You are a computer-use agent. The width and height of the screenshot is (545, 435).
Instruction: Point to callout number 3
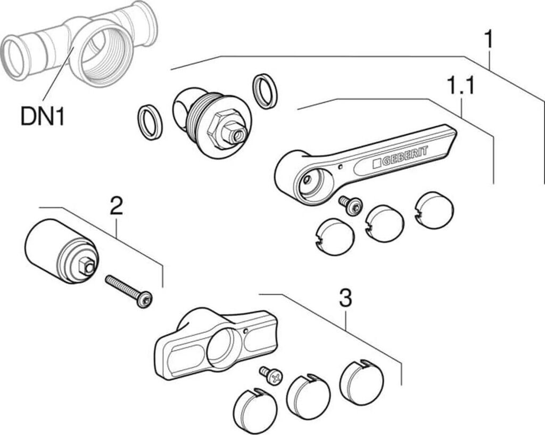point(345,299)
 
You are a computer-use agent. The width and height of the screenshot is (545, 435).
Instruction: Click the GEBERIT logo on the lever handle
point(400,158)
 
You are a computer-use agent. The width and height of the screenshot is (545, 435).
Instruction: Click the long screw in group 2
point(129,291)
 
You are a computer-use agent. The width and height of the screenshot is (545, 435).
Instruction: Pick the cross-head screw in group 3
point(271,375)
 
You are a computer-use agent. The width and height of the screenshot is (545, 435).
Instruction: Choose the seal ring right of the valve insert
point(265,91)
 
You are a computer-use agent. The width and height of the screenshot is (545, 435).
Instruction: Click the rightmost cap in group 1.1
point(434,210)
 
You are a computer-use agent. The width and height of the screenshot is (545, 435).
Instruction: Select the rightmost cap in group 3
point(361,382)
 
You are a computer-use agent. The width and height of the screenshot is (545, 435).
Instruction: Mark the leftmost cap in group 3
point(255,411)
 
